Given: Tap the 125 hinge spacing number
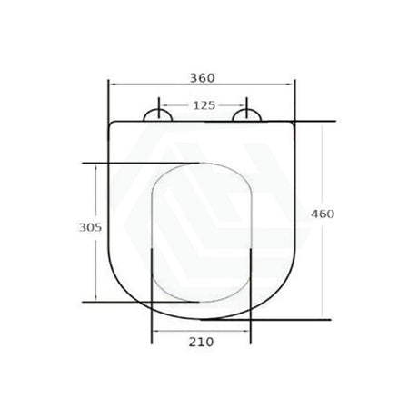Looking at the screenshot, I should (x=204, y=105).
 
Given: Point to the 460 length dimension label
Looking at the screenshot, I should (x=323, y=214).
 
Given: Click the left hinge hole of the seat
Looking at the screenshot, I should (x=158, y=114).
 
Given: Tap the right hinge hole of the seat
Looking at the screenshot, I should (x=248, y=114).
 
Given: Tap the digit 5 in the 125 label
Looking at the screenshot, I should (x=212, y=105).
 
